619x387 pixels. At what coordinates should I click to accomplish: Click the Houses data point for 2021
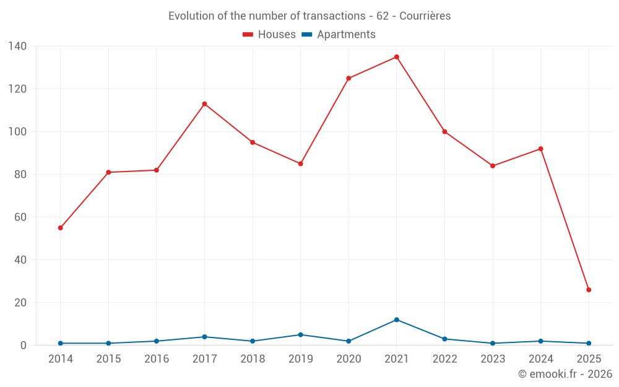[x=397, y=57]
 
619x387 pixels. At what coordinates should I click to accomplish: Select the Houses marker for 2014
[x=60, y=228]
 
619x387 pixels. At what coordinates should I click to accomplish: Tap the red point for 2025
[x=589, y=290]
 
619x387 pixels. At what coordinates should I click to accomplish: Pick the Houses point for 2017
[x=204, y=104]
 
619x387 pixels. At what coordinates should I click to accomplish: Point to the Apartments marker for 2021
[x=397, y=320]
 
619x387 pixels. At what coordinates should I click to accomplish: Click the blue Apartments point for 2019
[x=300, y=335]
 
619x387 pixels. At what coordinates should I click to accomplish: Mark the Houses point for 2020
[x=348, y=78]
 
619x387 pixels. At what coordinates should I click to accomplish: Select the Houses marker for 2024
[x=540, y=149]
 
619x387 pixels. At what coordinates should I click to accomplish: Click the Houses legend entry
[x=269, y=35]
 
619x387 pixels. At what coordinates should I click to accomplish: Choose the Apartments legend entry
[x=339, y=35]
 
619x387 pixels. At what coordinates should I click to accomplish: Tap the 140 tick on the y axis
[x=17, y=46]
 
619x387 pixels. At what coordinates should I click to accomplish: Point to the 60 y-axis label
[x=20, y=217]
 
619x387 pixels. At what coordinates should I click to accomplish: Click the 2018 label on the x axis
[x=253, y=359]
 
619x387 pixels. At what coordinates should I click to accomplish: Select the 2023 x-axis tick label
[x=493, y=359]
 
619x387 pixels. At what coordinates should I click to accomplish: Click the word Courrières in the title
[x=425, y=16]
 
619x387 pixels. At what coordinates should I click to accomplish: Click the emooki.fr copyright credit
[x=565, y=374]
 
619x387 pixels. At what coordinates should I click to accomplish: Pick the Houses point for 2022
[x=444, y=132]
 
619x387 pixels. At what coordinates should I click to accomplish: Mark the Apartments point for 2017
[x=204, y=337]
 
